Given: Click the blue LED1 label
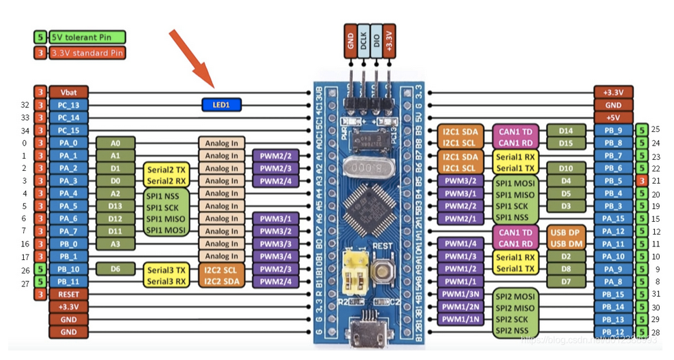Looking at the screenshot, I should pyautogui.click(x=222, y=105).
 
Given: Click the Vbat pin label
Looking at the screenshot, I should pyautogui.click(x=69, y=93).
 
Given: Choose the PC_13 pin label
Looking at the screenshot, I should pyautogui.click(x=69, y=105).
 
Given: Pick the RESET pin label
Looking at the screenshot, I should pyautogui.click(x=69, y=295).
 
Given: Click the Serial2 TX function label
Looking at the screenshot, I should pyautogui.click(x=167, y=168).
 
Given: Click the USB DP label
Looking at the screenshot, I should pyautogui.click(x=566, y=231).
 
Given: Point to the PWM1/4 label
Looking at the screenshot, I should pyautogui.click(x=460, y=244).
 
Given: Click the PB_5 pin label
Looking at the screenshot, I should pyautogui.click(x=613, y=181).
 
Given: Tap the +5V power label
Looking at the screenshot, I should pyautogui.click(x=613, y=118).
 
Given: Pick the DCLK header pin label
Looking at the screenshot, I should pyautogui.click(x=363, y=42).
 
